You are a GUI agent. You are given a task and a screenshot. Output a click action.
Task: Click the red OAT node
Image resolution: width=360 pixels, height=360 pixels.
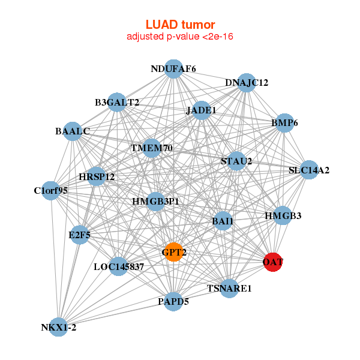[x=273, y=262]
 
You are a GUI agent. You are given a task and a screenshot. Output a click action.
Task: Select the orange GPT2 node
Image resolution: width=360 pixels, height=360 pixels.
[x=173, y=253]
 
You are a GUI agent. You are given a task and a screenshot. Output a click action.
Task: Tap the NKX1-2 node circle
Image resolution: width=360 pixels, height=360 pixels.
[x=58, y=327]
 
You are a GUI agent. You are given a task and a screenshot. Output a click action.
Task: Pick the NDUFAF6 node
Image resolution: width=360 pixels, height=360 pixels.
[x=173, y=69]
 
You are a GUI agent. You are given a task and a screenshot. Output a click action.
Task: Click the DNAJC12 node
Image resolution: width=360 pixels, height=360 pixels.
[x=247, y=82]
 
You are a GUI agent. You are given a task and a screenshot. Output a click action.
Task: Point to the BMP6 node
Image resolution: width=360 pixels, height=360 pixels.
[x=284, y=124]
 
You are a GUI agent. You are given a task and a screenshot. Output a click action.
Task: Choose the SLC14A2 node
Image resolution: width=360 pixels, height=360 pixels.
[x=309, y=170]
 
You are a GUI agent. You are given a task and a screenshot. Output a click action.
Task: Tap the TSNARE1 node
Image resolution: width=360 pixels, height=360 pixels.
[x=229, y=289]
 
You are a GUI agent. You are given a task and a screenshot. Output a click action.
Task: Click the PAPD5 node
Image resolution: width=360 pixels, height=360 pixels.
[x=173, y=301]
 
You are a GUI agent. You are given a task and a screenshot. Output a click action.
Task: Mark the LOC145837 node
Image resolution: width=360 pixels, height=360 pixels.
[x=118, y=266]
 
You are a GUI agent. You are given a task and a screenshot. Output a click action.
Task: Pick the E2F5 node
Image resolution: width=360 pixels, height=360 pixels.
[x=80, y=235]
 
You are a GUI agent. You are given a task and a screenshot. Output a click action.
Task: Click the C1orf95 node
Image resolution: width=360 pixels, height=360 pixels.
[x=51, y=191]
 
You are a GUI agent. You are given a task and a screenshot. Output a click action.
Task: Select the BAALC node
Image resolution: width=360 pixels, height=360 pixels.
[x=73, y=131]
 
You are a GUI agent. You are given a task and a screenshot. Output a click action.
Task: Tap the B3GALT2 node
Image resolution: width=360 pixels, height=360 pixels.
[x=117, y=103]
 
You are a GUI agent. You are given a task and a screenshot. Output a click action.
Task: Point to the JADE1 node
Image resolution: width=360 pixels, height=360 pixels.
[x=202, y=110]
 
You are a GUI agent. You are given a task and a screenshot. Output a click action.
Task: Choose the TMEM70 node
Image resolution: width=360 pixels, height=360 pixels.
[x=152, y=148]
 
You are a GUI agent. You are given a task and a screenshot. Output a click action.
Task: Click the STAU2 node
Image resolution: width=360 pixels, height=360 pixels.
[x=236, y=161]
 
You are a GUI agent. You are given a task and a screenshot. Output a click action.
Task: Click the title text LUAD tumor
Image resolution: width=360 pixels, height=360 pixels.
[x=180, y=25]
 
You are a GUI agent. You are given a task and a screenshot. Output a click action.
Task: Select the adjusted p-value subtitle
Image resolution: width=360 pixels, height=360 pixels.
[x=180, y=37]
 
